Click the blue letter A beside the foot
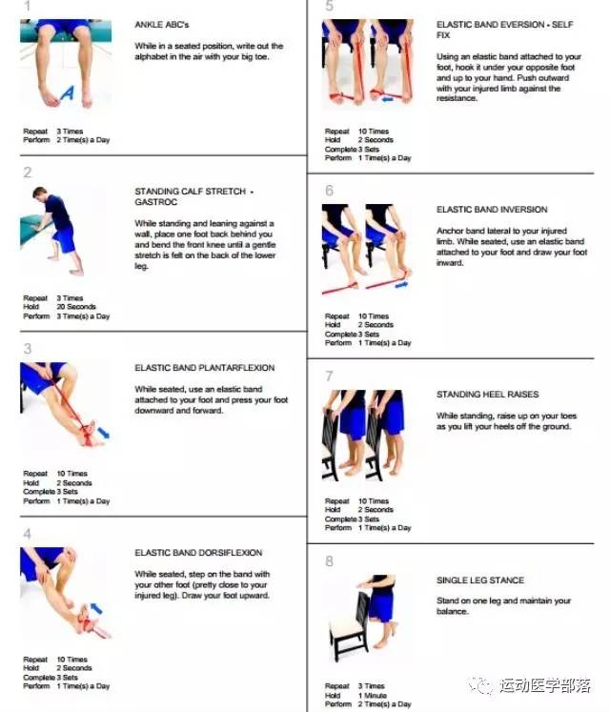68,93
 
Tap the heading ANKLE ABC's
162,25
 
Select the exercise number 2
28,173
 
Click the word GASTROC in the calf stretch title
155,202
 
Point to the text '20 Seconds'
76,307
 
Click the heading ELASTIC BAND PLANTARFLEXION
204,368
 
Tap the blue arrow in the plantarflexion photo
104,433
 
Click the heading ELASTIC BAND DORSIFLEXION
198,553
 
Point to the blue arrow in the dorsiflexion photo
96,608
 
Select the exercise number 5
329,6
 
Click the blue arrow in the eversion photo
387,98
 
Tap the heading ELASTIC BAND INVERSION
492,210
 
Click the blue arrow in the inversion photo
401,285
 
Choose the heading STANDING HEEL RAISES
487,395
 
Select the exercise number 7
329,376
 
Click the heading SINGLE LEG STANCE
480,580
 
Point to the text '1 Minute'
373,695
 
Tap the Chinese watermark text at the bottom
544,685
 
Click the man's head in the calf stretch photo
39,193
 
